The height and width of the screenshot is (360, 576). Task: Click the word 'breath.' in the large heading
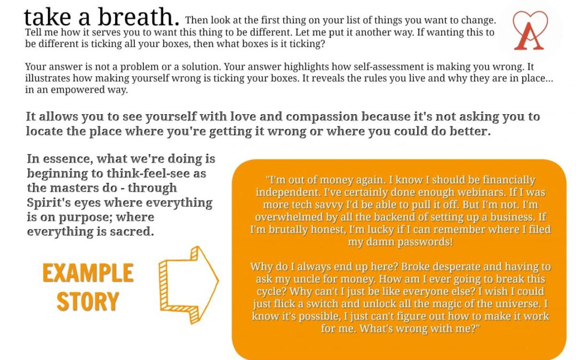pos(139,17)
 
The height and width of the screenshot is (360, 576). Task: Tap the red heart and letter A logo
pos(530,30)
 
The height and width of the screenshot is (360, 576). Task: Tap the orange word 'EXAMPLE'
pos(88,273)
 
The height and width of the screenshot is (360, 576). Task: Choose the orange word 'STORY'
pos(88,301)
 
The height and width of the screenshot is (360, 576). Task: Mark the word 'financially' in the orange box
pos(509,180)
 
